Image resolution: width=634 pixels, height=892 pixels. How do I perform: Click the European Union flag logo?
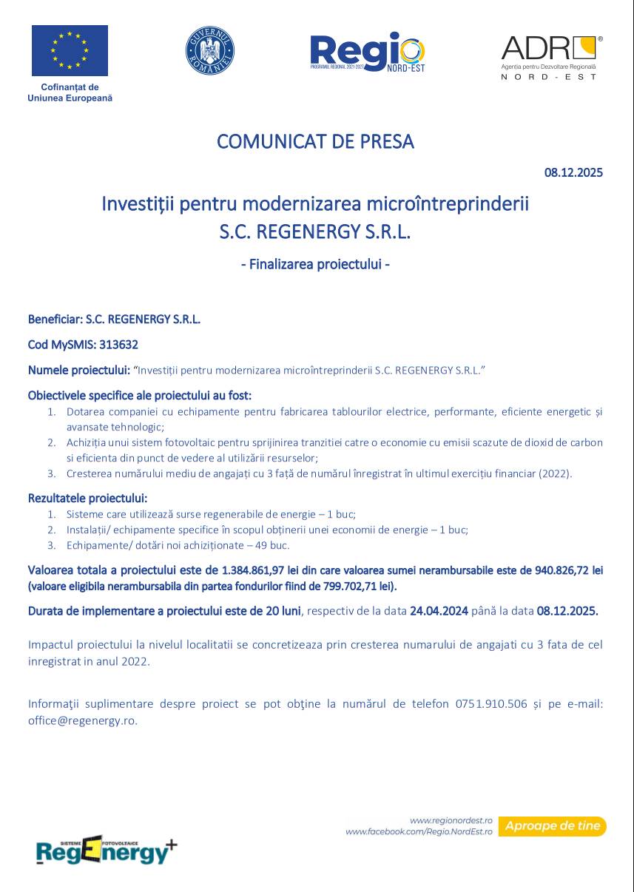click(70, 50)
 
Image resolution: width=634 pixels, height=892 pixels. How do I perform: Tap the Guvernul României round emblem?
click(209, 50)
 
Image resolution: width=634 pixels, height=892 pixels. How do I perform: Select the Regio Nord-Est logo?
click(367, 53)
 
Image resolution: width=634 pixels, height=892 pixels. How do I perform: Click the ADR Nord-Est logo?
click(551, 56)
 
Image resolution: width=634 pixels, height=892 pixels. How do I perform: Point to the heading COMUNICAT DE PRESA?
click(315, 141)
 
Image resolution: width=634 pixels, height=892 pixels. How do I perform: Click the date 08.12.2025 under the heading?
click(573, 173)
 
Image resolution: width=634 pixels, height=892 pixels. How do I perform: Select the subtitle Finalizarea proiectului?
click(315, 263)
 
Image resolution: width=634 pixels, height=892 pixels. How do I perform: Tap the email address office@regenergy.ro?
click(82, 720)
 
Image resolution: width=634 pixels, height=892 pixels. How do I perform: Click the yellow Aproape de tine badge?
click(552, 825)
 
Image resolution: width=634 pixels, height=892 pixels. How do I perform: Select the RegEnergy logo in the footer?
click(107, 851)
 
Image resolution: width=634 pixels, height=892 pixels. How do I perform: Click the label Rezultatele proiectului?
click(87, 498)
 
